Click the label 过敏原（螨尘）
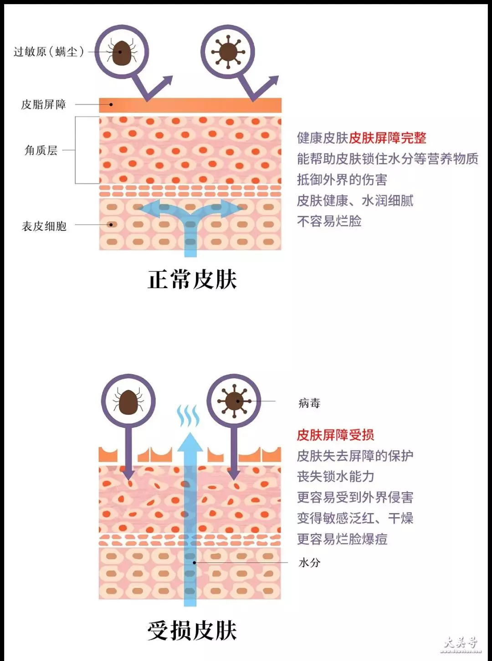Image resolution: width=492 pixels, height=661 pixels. pyautogui.click(x=49, y=52)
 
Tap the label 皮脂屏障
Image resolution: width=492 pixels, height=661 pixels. pyautogui.click(x=44, y=105)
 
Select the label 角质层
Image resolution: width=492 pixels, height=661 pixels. pyautogui.click(x=41, y=150)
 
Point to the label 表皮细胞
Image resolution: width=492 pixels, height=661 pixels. pyautogui.click(x=44, y=226)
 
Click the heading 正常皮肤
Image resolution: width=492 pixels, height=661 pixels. pyautogui.click(x=192, y=279)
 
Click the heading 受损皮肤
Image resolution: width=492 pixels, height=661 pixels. pyautogui.click(x=192, y=630)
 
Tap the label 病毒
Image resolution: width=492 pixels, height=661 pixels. pyautogui.click(x=309, y=403)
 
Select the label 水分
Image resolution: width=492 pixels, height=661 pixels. pyautogui.click(x=309, y=563)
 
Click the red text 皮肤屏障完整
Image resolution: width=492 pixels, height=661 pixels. pyautogui.click(x=388, y=137)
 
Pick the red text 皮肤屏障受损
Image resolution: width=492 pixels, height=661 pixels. pyautogui.click(x=335, y=435)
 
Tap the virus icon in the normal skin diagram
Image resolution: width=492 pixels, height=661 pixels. pyautogui.click(x=228, y=52)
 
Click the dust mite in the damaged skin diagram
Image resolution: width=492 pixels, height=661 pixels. pyautogui.click(x=128, y=401)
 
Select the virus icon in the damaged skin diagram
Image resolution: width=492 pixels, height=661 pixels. pyautogui.click(x=234, y=401)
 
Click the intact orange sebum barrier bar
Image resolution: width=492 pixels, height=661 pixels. pyautogui.click(x=190, y=105)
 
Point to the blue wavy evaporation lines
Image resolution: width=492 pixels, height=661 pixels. pyautogui.click(x=188, y=416)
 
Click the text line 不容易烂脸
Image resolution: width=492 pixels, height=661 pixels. pyautogui.click(x=329, y=221)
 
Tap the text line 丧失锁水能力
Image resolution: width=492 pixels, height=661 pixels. pyautogui.click(x=335, y=476)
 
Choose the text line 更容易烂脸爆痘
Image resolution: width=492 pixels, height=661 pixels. pyautogui.click(x=342, y=539)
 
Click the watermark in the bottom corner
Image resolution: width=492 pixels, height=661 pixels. pyautogui.click(x=461, y=645)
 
